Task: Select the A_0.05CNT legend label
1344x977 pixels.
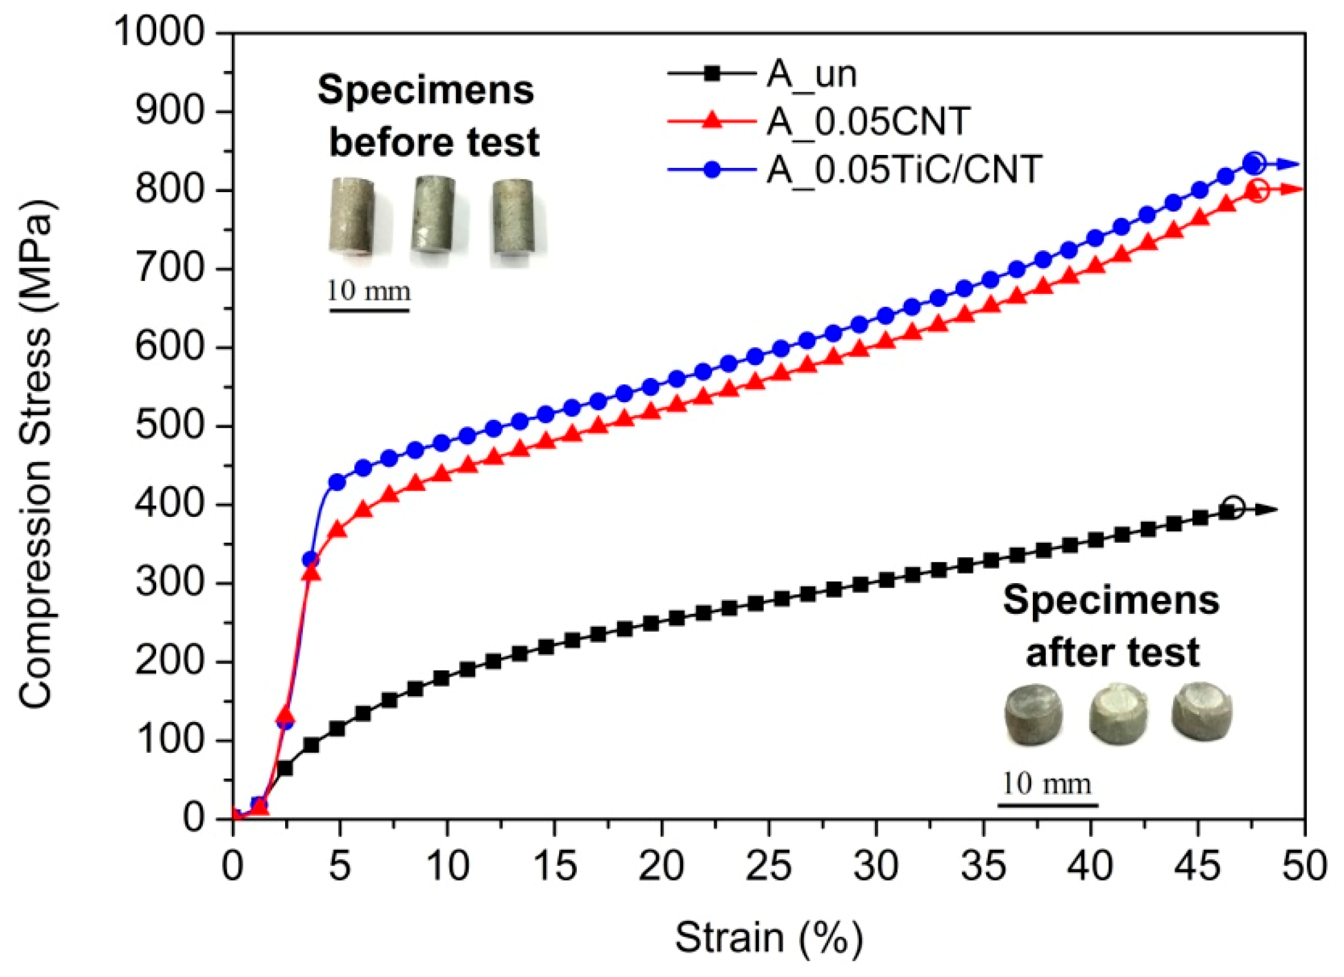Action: (x=867, y=121)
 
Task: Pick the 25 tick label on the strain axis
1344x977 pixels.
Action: (x=768, y=867)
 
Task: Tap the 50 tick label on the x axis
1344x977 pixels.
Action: (x=1304, y=867)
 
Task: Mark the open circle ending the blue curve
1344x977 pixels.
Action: (x=1255, y=163)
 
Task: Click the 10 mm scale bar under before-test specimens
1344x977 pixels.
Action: (x=369, y=309)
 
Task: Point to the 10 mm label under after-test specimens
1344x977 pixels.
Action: (x=1047, y=784)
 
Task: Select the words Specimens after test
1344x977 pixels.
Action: (x=1110, y=626)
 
